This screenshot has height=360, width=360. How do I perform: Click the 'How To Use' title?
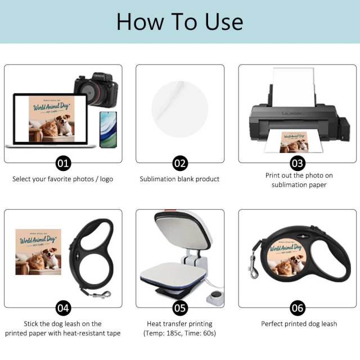click(179, 21)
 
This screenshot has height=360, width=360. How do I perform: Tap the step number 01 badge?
click(63, 163)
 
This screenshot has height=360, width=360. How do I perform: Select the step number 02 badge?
click(180, 163)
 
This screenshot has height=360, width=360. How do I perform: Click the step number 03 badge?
click(298, 163)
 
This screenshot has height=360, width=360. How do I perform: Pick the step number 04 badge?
click(63, 308)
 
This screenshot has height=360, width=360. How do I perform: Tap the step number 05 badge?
click(180, 308)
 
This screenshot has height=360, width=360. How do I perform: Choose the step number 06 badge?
click(298, 308)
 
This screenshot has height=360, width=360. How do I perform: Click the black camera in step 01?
click(96, 90)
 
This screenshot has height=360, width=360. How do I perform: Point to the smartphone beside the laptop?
click(107, 129)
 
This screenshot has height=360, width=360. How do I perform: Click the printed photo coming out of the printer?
click(294, 142)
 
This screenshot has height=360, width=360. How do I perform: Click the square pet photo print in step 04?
click(38, 251)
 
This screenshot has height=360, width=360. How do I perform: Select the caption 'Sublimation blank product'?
click(179, 179)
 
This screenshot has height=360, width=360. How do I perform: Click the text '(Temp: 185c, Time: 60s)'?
click(179, 334)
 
